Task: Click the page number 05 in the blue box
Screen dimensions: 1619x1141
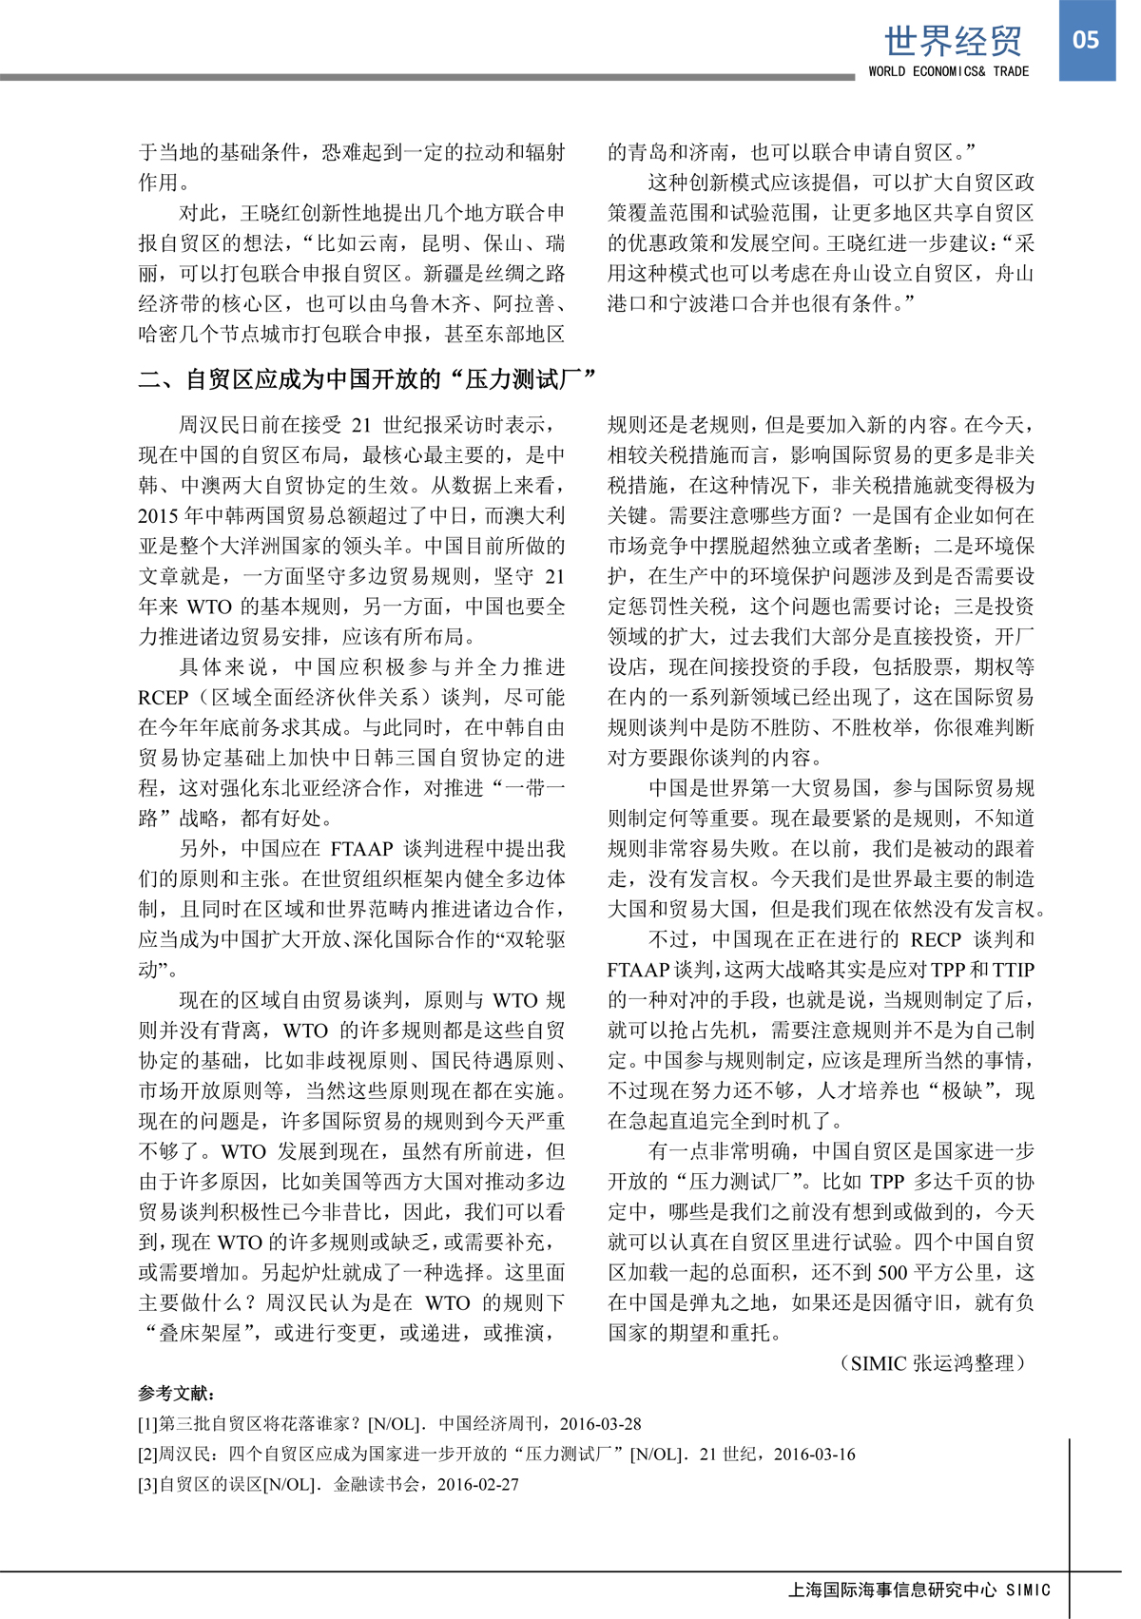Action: point(1086,40)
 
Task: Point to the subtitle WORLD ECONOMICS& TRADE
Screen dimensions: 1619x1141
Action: point(948,71)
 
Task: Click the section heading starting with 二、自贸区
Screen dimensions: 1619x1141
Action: point(367,379)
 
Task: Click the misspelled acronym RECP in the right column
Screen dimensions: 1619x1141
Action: point(936,939)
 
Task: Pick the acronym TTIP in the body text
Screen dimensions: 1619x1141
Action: point(1013,970)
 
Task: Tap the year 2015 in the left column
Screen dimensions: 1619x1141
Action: point(158,515)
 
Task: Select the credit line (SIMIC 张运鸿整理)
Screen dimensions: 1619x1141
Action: point(933,1363)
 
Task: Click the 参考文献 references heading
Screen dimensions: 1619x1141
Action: point(177,1393)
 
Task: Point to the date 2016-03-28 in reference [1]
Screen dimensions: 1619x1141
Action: point(600,1423)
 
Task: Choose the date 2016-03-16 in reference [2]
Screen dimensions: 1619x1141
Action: point(814,1454)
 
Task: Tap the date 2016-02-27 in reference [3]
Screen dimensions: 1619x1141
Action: point(478,1484)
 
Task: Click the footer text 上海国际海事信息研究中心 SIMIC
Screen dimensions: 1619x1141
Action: point(919,1590)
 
